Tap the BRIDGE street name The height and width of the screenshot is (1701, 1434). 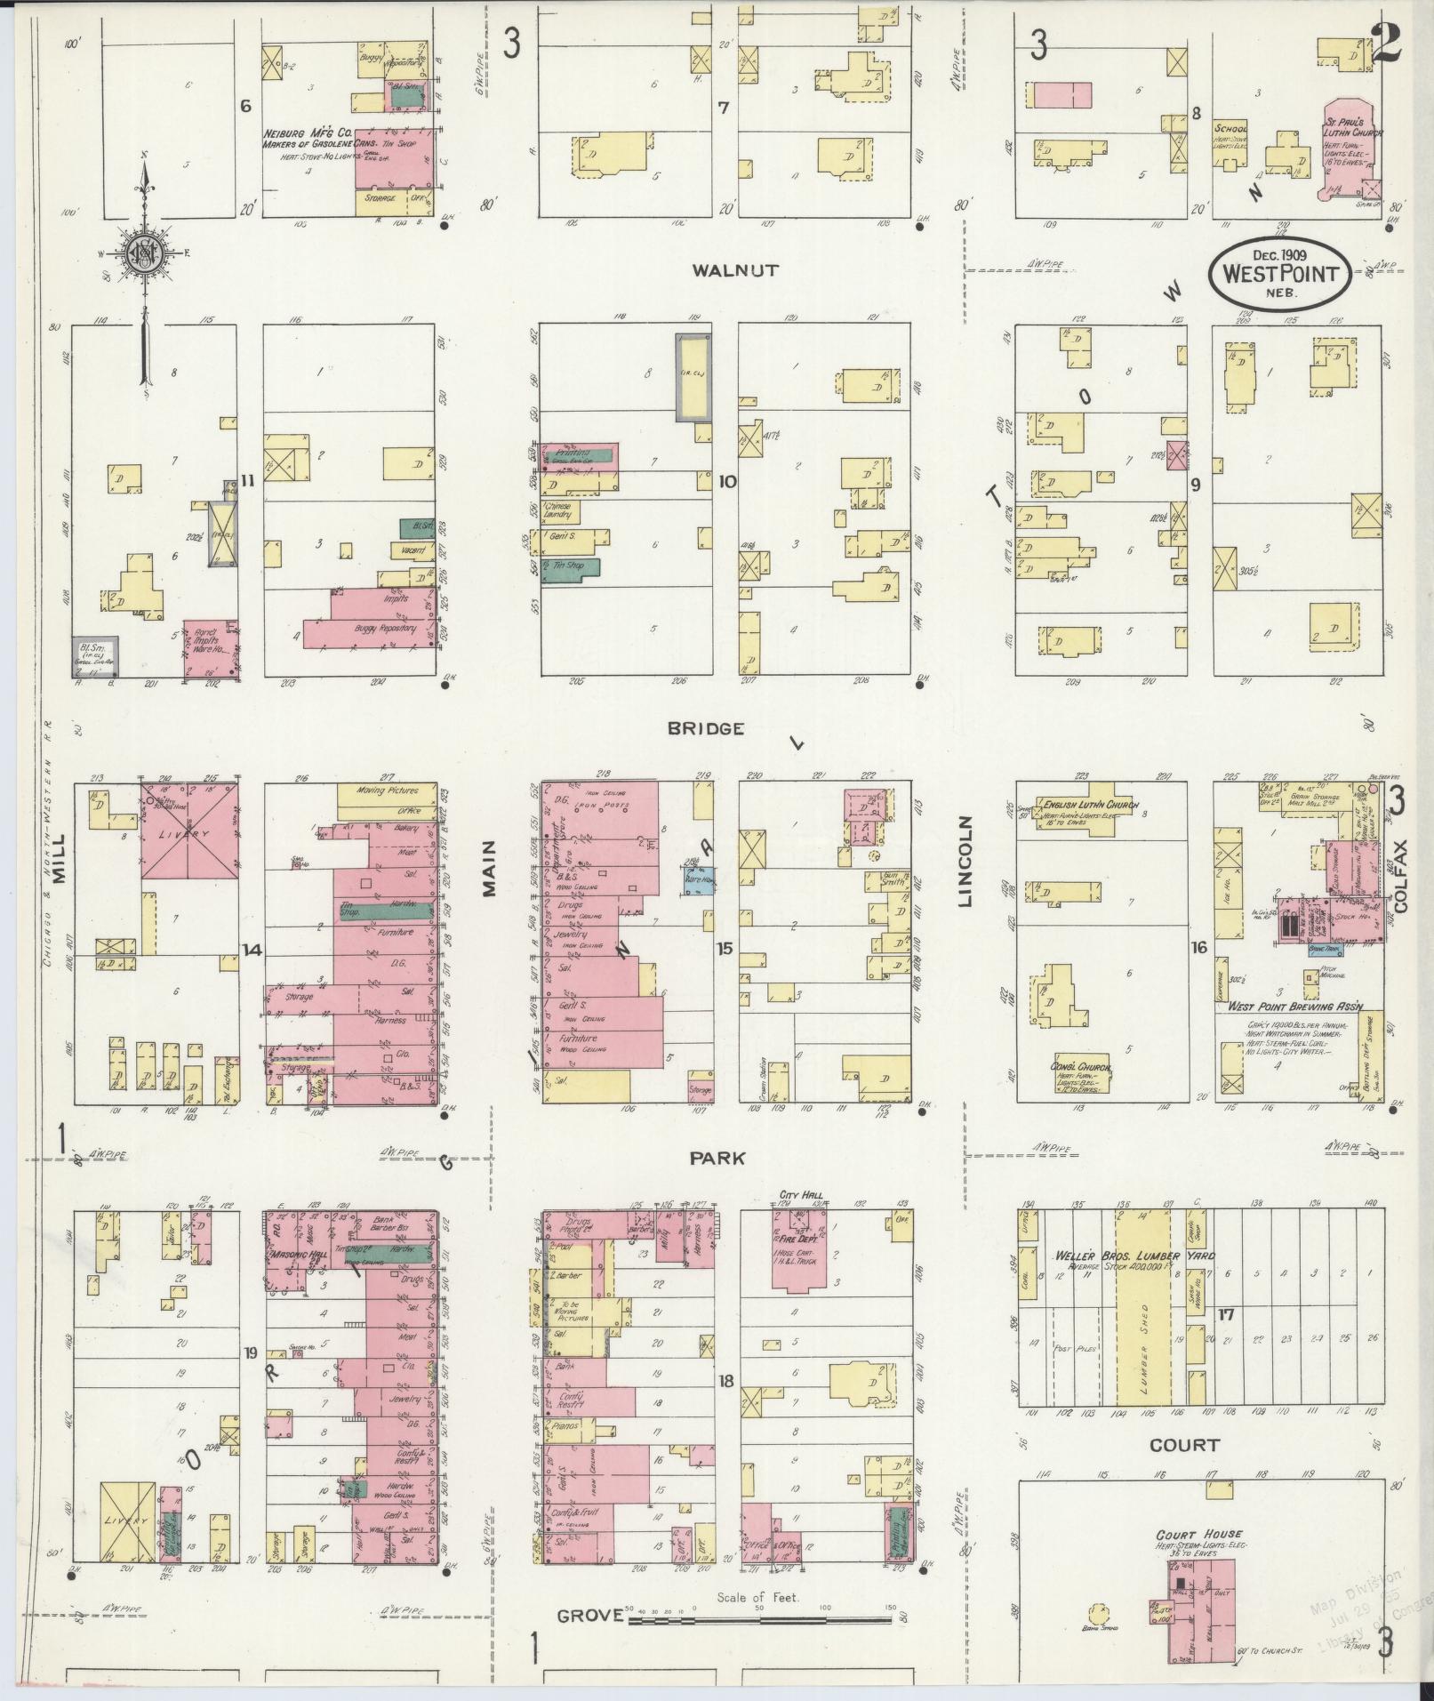click(706, 728)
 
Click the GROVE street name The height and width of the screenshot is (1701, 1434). click(589, 1615)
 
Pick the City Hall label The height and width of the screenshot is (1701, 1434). click(801, 1195)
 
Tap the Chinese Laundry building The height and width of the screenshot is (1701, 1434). click(559, 510)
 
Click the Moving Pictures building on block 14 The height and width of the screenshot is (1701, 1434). click(389, 790)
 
